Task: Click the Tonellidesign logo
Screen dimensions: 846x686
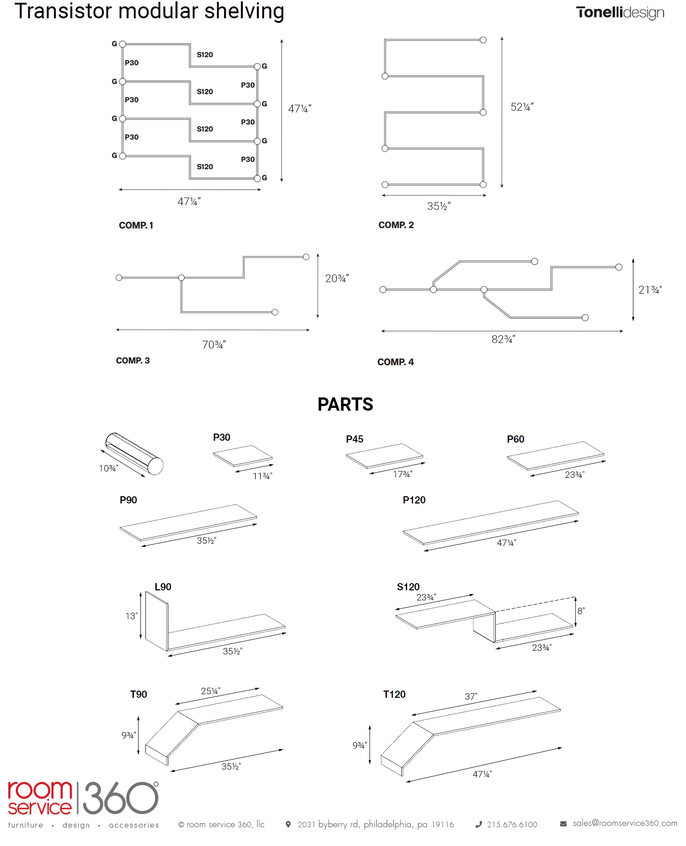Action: pos(620,12)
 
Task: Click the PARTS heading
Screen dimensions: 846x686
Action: pos(345,404)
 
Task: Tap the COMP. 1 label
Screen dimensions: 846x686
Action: pos(136,225)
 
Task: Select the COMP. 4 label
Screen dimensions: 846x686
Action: pos(395,362)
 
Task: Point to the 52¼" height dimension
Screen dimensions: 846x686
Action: pos(522,107)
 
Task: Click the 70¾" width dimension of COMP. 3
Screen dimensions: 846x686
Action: pos(214,344)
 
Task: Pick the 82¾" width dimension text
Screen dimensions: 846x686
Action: pos(503,339)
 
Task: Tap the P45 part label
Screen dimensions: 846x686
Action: pos(354,439)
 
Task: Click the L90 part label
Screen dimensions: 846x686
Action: pos(163,587)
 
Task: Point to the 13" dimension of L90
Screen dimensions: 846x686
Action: pos(131,616)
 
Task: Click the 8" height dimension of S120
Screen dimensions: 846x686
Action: pos(581,611)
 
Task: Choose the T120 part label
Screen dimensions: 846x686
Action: pos(394,694)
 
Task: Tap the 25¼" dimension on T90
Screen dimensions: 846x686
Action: pos(210,691)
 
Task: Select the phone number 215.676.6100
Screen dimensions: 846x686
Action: pos(512,825)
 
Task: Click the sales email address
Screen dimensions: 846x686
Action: pos(625,823)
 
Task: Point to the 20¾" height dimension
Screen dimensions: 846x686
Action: pos(337,278)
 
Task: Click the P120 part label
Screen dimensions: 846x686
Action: pos(414,500)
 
